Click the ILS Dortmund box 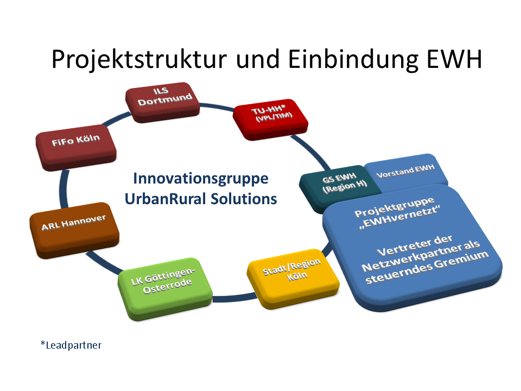click(x=162, y=102)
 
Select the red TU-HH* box click(x=270, y=119)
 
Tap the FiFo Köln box click(x=76, y=147)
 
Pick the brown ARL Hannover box click(x=74, y=230)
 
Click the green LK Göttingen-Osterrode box click(x=165, y=288)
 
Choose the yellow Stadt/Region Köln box click(x=293, y=279)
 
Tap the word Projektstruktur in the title click(x=139, y=60)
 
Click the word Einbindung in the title click(x=353, y=60)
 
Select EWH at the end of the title click(x=454, y=59)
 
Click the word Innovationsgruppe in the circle click(x=201, y=179)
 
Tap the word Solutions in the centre click(x=244, y=199)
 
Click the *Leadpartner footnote click(x=71, y=345)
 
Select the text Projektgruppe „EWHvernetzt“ click(x=396, y=212)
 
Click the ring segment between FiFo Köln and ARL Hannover click(x=64, y=188)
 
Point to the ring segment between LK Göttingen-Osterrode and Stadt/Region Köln click(x=234, y=298)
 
